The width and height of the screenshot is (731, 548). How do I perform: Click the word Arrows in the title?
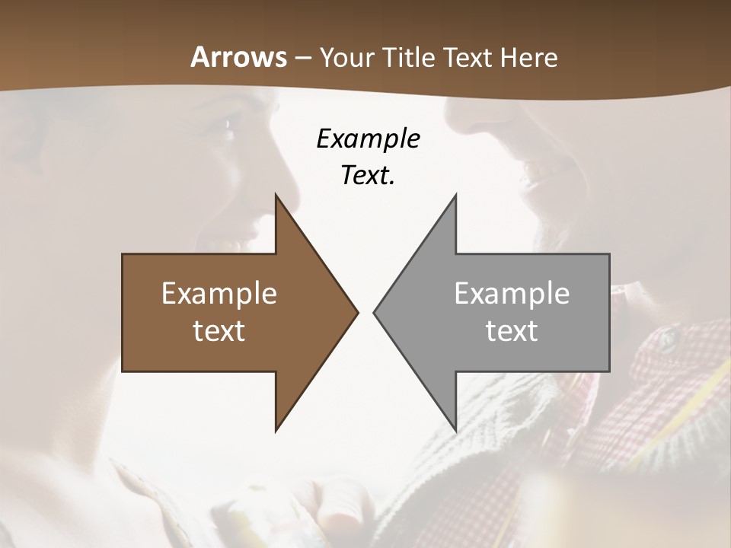tap(238, 57)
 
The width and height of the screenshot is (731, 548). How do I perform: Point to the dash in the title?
tap(303, 59)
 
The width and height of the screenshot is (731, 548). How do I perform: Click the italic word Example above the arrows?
tap(368, 139)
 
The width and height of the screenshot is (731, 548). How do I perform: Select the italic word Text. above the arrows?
tap(368, 176)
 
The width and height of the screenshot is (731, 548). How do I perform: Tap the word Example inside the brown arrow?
tap(219, 294)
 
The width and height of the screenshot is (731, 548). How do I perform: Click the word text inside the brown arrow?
tap(219, 331)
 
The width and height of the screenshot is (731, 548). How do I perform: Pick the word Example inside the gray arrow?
tap(512, 294)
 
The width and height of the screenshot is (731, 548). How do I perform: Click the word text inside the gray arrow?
tap(512, 331)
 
